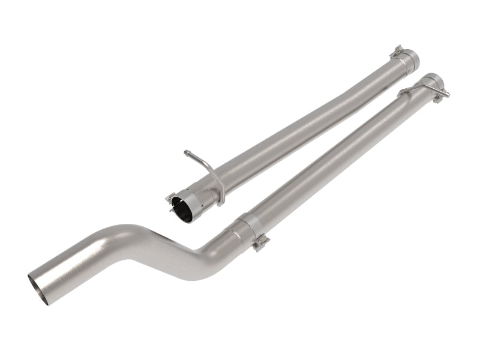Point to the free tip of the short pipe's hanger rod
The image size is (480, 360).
pyautogui.click(x=187, y=152)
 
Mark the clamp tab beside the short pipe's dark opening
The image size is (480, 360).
pyautogui.click(x=170, y=197)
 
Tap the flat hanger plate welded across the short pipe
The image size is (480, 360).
pyautogui.click(x=220, y=186)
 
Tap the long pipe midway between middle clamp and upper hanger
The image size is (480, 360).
pyautogui.click(x=336, y=159)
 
